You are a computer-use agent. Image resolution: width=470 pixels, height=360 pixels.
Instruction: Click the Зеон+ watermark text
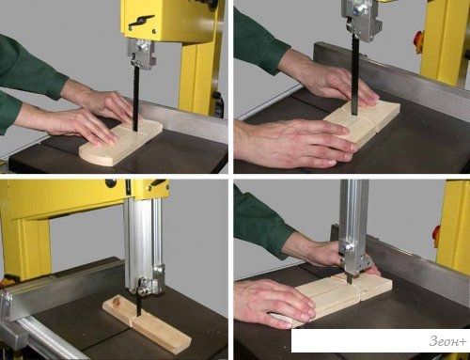pyautogui.click(x=447, y=341)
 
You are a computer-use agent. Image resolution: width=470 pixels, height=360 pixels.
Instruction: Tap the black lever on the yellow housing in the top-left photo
pyautogui.click(x=141, y=21)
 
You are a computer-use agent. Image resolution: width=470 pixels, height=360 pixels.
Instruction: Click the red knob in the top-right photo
pyautogui.click(x=419, y=39)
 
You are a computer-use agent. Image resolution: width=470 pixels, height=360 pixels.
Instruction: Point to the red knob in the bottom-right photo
pyautogui.click(x=436, y=233)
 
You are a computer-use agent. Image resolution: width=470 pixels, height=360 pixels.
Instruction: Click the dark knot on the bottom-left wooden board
pyautogui.click(x=117, y=302)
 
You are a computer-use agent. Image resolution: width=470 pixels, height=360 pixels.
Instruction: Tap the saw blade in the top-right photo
pyautogui.click(x=354, y=74)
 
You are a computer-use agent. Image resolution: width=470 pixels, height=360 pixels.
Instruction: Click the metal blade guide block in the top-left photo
pyautogui.click(x=141, y=55)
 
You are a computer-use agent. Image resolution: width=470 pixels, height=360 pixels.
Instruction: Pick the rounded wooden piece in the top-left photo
pyautogui.click(x=121, y=143)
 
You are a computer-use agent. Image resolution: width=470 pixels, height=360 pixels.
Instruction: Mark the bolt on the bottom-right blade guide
pyautogui.click(x=347, y=248)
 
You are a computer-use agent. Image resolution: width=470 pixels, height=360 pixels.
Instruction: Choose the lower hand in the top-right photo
pyautogui.click(x=294, y=143)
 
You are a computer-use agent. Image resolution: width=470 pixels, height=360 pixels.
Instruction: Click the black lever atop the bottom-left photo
pyautogui.click(x=158, y=183)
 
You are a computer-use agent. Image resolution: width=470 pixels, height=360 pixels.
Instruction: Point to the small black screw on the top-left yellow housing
pyautogui.click(x=154, y=31)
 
